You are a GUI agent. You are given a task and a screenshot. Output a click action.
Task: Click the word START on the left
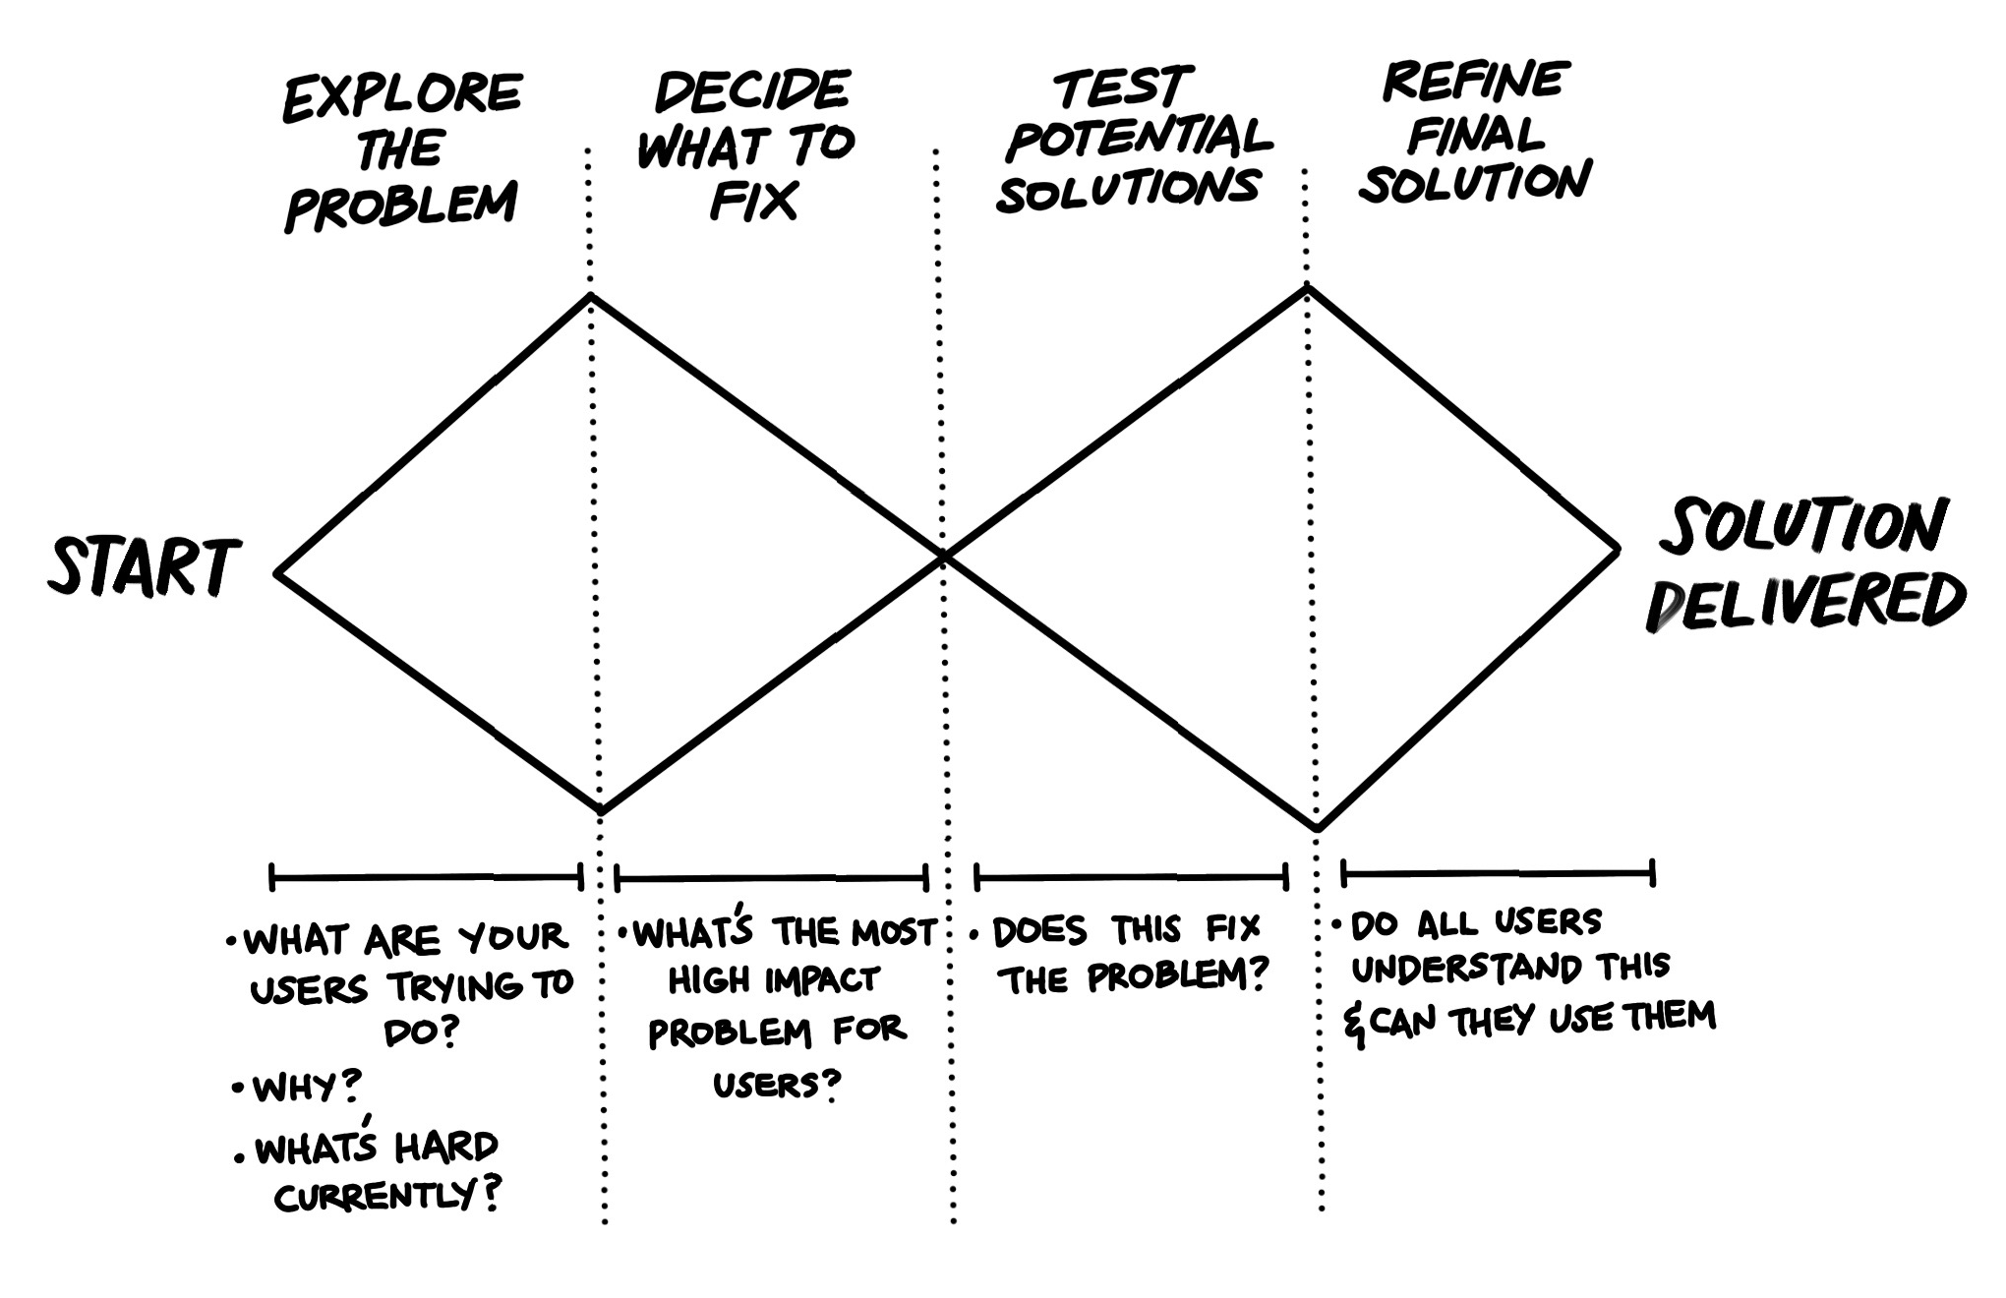pyautogui.click(x=144, y=568)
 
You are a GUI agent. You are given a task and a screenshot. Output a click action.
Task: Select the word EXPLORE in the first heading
pyautogui.click(x=401, y=96)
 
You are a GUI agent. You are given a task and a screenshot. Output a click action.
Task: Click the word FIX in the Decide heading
pyautogui.click(x=753, y=203)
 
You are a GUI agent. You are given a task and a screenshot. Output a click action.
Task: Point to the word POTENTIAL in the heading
pyautogui.click(x=1139, y=138)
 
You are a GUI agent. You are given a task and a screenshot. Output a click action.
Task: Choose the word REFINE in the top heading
pyautogui.click(x=1475, y=81)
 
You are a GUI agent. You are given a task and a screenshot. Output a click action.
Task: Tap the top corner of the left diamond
pyautogui.click(x=590, y=294)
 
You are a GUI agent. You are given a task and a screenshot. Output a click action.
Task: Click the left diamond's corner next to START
pyautogui.click(x=278, y=573)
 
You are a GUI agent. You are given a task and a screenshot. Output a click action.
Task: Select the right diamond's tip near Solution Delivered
pyautogui.click(x=1618, y=551)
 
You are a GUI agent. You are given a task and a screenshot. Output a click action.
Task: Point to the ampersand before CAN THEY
pyautogui.click(x=1355, y=1028)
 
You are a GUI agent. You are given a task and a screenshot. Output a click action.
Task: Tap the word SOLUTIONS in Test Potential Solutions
pyautogui.click(x=1128, y=190)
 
